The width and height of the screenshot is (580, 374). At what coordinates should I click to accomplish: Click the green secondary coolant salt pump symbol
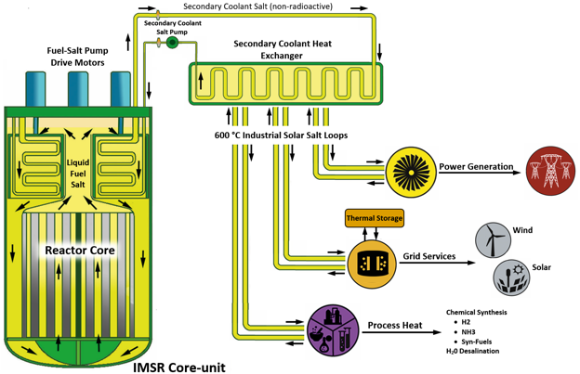click(x=171, y=42)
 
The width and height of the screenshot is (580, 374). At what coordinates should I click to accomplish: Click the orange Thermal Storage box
click(x=375, y=219)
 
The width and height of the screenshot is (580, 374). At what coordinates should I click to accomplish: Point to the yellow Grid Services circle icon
click(x=374, y=264)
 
